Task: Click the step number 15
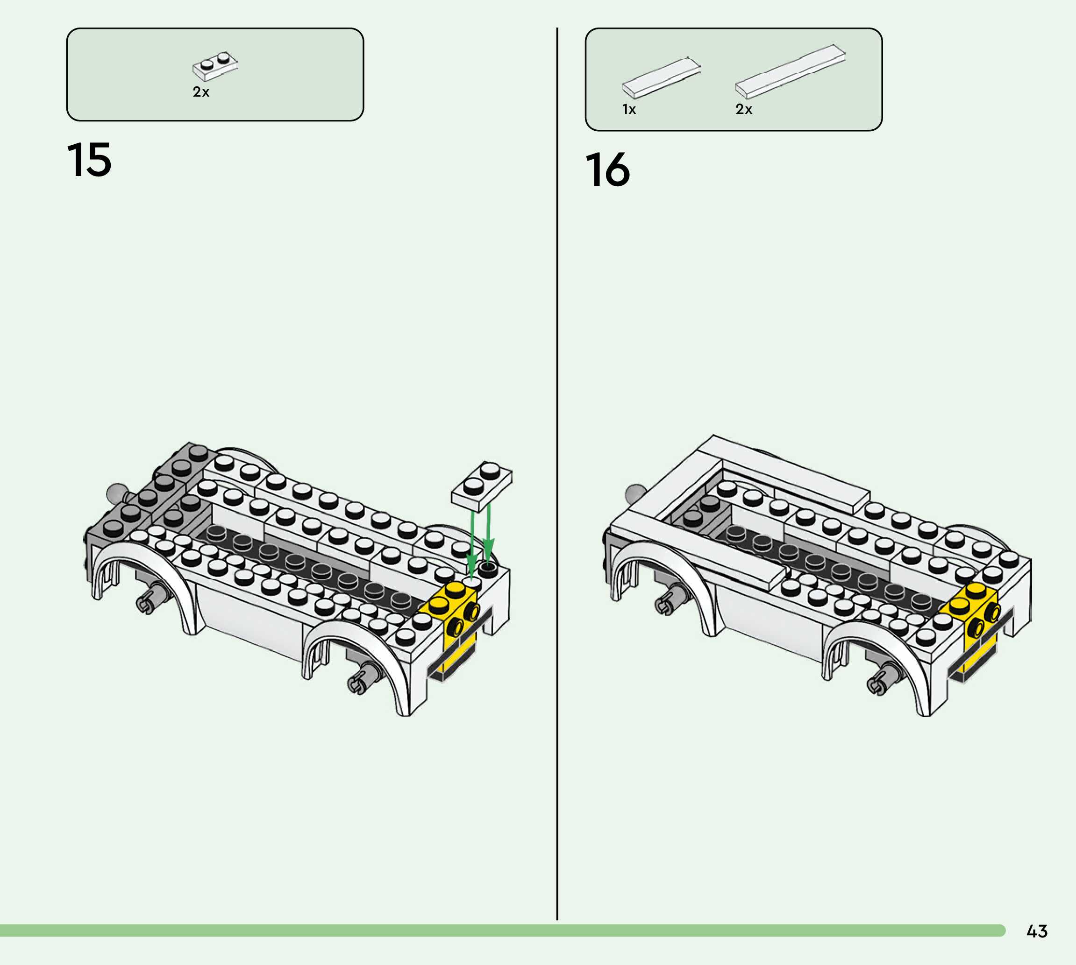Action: pyautogui.click(x=89, y=160)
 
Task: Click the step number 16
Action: pyautogui.click(x=607, y=169)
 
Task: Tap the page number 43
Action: pyautogui.click(x=1037, y=931)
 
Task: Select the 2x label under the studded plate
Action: pyautogui.click(x=201, y=92)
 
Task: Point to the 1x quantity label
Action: pyautogui.click(x=629, y=109)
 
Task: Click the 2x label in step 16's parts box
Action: pyautogui.click(x=744, y=109)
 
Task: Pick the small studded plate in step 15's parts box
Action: pyautogui.click(x=215, y=66)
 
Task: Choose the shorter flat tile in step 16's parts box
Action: pyautogui.click(x=661, y=77)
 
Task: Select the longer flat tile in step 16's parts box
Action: pyautogui.click(x=790, y=71)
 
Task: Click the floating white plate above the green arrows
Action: pyautogui.click(x=482, y=485)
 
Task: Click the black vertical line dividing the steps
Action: pyautogui.click(x=557, y=477)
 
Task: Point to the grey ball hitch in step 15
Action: pyautogui.click(x=116, y=493)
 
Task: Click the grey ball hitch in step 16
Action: pyautogui.click(x=634, y=493)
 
